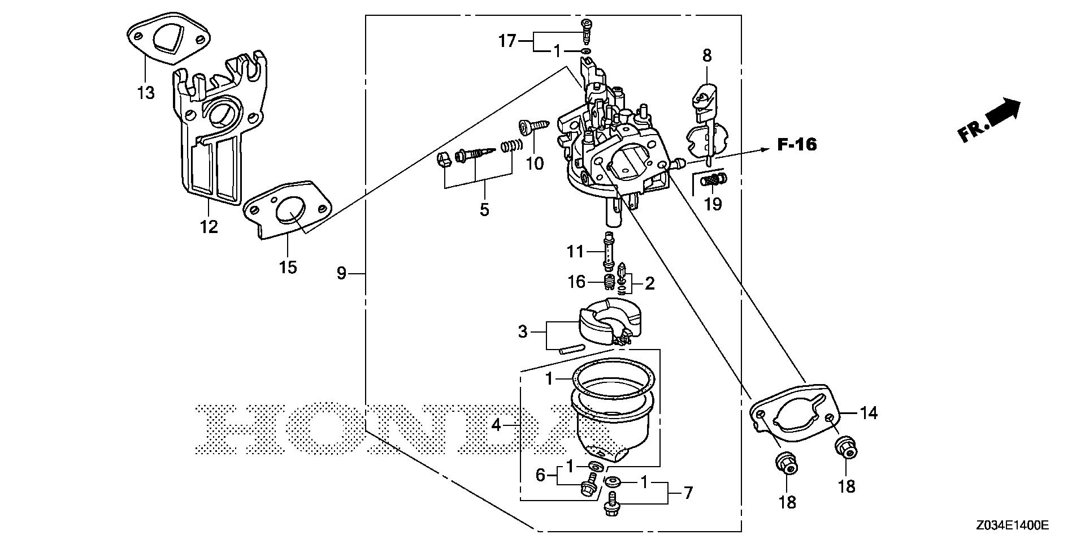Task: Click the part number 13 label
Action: click(146, 92)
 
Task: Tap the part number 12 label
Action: click(209, 227)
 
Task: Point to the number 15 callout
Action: click(288, 266)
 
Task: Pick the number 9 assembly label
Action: click(341, 274)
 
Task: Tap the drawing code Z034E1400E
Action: click(1012, 526)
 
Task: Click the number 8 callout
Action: click(707, 55)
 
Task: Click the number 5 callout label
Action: click(484, 209)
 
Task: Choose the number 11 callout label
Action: click(575, 251)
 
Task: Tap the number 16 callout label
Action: click(576, 281)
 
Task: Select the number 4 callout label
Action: click(496, 425)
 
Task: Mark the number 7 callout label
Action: click(688, 493)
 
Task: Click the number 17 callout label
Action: click(507, 41)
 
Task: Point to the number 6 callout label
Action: click(540, 475)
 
